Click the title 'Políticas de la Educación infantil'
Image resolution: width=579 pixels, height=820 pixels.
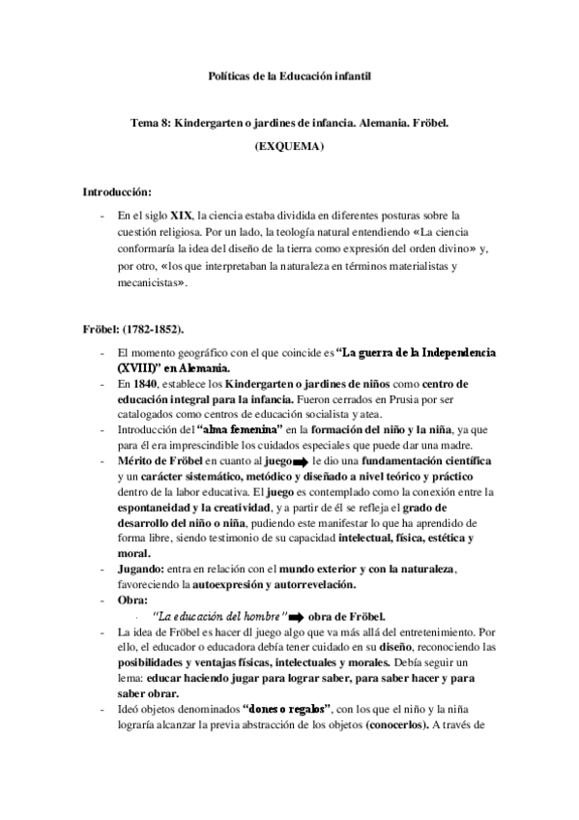[289, 74]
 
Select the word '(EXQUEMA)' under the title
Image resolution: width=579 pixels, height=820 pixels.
[289, 147]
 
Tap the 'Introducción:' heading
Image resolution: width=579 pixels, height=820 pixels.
[117, 193]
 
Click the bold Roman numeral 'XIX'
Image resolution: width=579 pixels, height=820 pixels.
[182, 215]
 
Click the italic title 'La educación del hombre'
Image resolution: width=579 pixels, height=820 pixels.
[220, 617]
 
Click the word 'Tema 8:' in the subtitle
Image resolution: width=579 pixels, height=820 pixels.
[151, 125]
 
